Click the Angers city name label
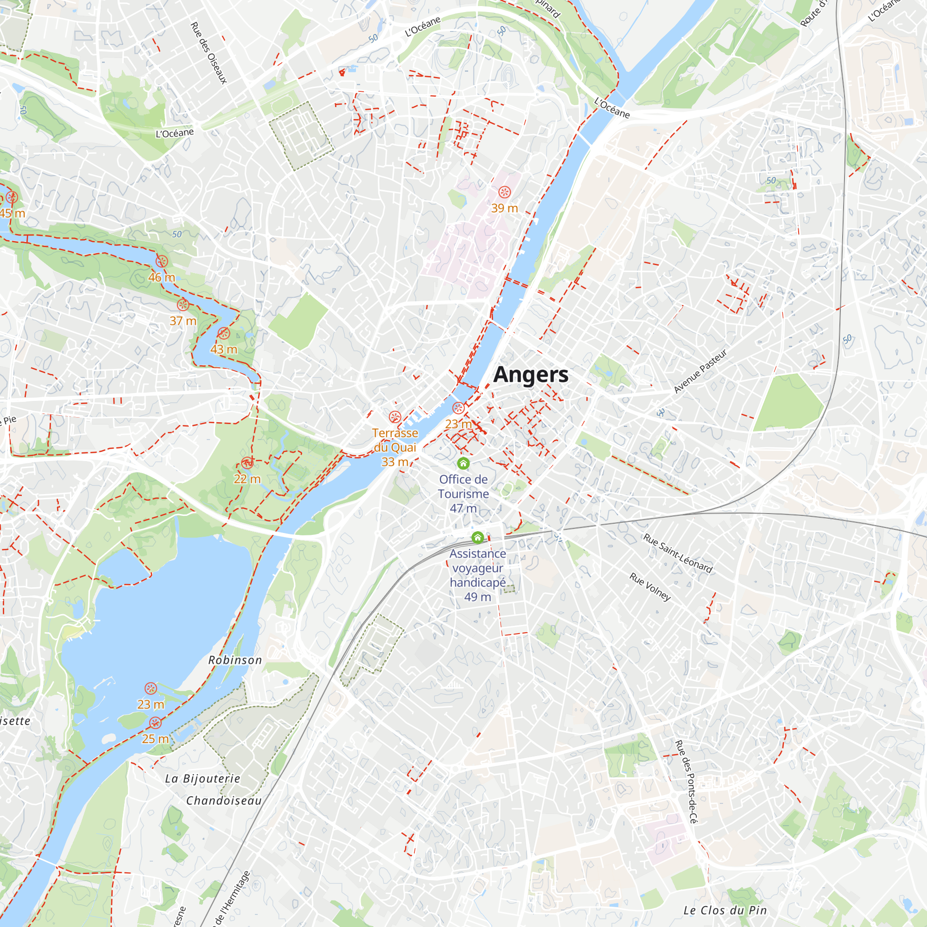point(531,375)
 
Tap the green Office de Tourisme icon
point(463,463)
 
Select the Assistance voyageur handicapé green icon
point(477,537)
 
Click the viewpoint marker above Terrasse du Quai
point(395,417)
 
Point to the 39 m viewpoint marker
point(504,192)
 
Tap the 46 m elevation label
point(161,277)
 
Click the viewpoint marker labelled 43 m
point(223,333)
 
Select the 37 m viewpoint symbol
point(183,305)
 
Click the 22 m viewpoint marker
point(247,463)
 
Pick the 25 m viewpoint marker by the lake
point(155,723)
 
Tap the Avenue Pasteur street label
point(700,371)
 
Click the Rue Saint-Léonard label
point(678,553)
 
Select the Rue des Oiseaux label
point(209,53)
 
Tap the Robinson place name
point(235,660)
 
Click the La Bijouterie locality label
point(203,778)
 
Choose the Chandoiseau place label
point(223,800)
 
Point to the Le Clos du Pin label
point(725,910)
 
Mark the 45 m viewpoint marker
point(12,197)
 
